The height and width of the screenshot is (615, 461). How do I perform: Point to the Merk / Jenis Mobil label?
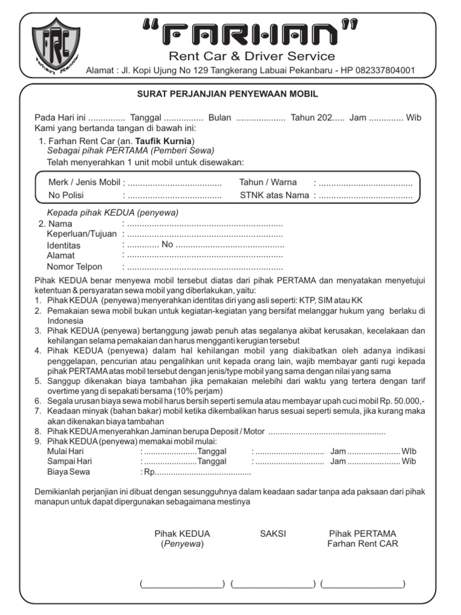point(84,182)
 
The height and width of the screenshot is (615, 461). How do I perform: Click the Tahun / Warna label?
point(268,182)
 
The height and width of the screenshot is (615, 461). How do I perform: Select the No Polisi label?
point(66,195)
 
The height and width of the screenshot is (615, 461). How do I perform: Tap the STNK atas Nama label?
point(274,195)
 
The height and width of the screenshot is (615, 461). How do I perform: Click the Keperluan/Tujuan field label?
point(82,234)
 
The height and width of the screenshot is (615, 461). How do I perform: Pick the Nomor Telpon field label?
point(74,267)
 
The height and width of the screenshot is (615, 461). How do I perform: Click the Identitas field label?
point(64,245)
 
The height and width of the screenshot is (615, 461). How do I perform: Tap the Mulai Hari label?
point(65,451)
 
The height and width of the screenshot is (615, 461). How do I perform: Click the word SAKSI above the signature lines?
point(273,533)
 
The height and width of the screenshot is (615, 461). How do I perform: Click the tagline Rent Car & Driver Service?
point(252,56)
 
